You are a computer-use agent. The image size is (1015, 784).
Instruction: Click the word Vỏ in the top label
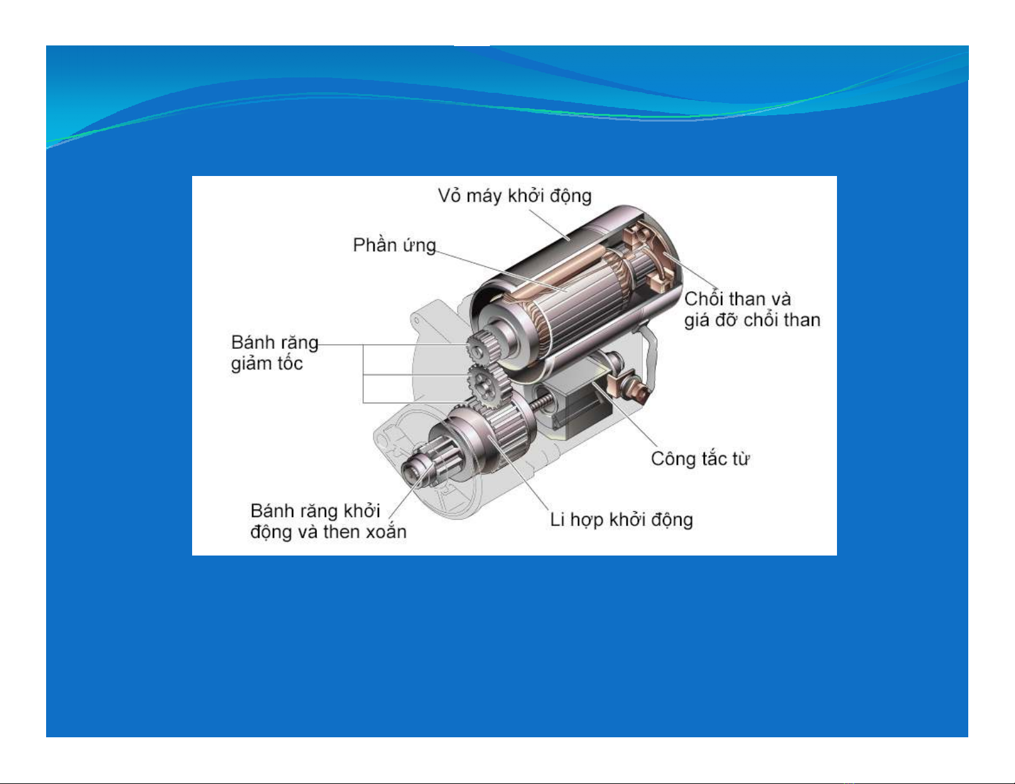coord(449,196)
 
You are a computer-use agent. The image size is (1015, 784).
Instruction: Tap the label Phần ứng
coord(394,246)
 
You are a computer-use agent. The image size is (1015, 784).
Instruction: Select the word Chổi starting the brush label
coord(704,299)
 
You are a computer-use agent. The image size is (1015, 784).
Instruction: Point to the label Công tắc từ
coord(700,459)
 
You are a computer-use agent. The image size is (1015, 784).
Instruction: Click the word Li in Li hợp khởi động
coord(557,520)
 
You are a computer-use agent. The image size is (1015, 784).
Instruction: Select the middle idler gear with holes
coord(486,385)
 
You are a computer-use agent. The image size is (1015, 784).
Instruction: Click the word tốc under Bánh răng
coord(289,364)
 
